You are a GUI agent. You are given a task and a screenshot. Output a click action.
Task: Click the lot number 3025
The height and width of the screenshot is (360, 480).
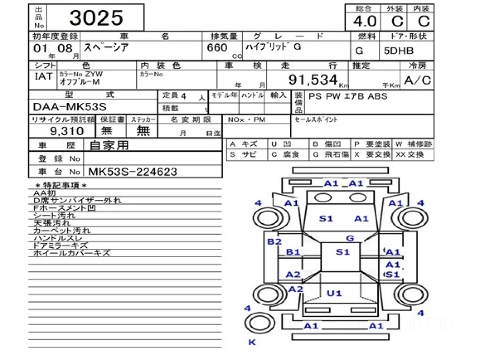point(96,18)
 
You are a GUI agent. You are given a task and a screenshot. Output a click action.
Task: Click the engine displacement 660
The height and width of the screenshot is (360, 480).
point(217,48)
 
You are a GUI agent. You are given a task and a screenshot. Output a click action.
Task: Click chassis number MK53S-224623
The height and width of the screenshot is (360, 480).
point(132,172)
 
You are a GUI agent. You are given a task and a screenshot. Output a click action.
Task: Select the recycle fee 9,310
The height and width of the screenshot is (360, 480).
point(67,131)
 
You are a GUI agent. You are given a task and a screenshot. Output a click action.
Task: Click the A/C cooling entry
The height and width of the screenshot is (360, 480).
point(418,80)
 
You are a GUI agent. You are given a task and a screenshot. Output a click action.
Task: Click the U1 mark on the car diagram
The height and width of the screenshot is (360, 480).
point(334,293)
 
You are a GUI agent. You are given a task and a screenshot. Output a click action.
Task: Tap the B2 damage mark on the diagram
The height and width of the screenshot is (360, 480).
point(274,242)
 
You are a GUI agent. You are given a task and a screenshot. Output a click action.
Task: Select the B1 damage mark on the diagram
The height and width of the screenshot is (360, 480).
point(293,252)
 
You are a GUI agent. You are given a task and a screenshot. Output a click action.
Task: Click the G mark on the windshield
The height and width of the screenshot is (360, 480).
point(350,238)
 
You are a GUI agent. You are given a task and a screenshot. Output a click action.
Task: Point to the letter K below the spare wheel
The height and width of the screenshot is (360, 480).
point(252,342)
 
